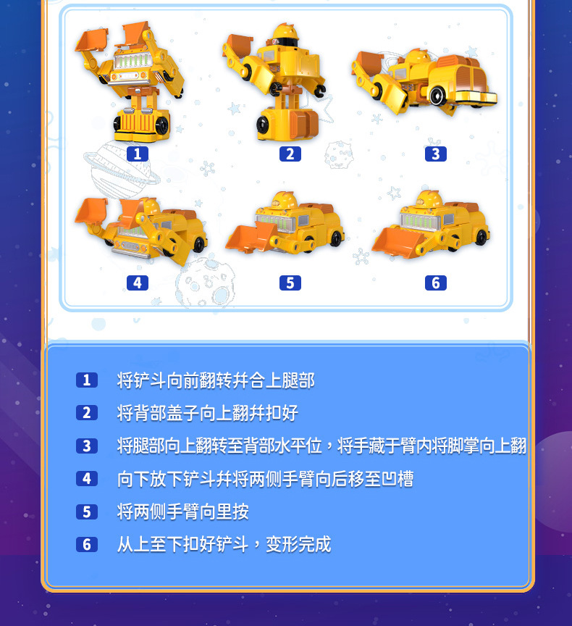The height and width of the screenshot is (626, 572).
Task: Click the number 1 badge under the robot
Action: [x=137, y=154]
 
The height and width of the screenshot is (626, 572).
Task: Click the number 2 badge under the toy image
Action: [x=290, y=154]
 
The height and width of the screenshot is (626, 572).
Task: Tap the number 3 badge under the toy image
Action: [x=435, y=154]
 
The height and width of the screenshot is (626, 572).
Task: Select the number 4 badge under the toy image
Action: [x=137, y=283]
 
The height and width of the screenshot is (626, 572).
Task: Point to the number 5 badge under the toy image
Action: [x=290, y=283]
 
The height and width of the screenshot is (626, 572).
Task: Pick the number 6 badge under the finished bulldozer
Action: [x=435, y=283]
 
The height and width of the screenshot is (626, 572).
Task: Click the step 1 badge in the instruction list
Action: [x=86, y=380]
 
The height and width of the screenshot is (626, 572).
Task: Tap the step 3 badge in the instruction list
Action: [x=86, y=446]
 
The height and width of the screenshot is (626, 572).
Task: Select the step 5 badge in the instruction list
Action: [x=86, y=512]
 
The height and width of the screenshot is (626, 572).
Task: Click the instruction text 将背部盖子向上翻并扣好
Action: [x=208, y=413]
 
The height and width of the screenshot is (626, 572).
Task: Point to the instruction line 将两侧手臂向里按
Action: [x=183, y=512]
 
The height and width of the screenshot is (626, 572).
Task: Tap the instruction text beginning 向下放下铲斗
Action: [x=265, y=479]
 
